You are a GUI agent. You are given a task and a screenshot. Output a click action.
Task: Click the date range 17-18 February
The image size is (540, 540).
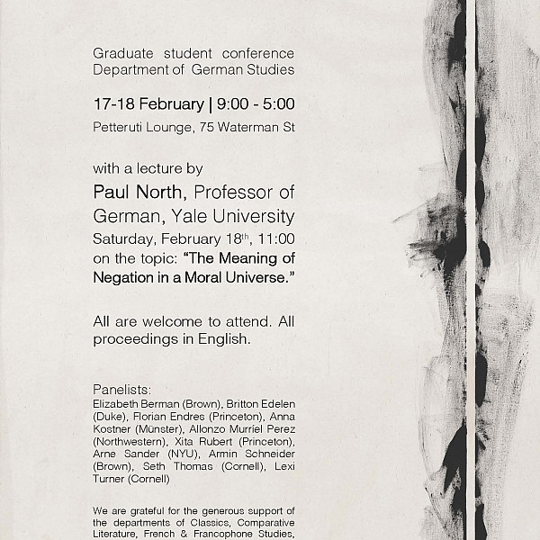[148, 104]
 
